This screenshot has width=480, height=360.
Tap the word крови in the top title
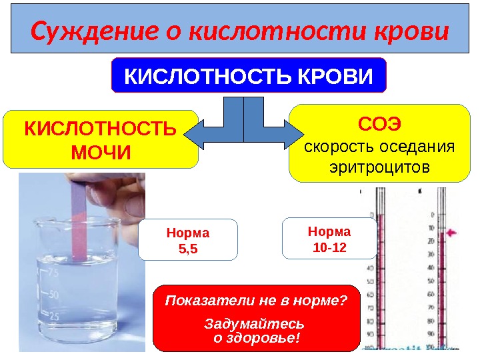pyautogui.click(x=415, y=31)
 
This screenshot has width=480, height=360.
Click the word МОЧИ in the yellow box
pyautogui.click(x=101, y=153)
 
